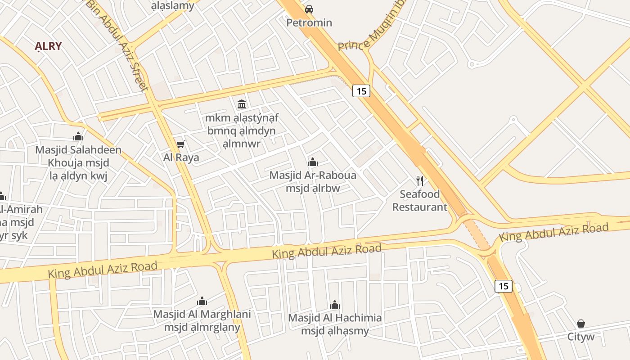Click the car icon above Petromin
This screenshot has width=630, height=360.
[309, 9]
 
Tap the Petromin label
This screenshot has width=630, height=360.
[310, 22]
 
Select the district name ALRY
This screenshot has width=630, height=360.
[48, 46]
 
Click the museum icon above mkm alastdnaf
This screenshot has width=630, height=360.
[242, 104]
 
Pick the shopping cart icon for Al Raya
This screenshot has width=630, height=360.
[181, 144]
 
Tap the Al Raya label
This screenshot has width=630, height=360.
[181, 157]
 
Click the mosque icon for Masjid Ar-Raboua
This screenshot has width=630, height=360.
[313, 162]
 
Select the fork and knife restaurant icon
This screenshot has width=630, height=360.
[420, 181]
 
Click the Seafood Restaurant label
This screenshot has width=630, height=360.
[420, 201]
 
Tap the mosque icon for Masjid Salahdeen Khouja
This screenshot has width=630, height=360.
[78, 136]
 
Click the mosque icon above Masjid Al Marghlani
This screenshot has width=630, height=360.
[202, 301]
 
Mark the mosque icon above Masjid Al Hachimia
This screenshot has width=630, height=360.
[335, 305]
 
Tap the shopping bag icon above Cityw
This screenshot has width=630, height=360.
[581, 324]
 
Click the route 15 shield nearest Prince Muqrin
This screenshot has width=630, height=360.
[361, 91]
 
